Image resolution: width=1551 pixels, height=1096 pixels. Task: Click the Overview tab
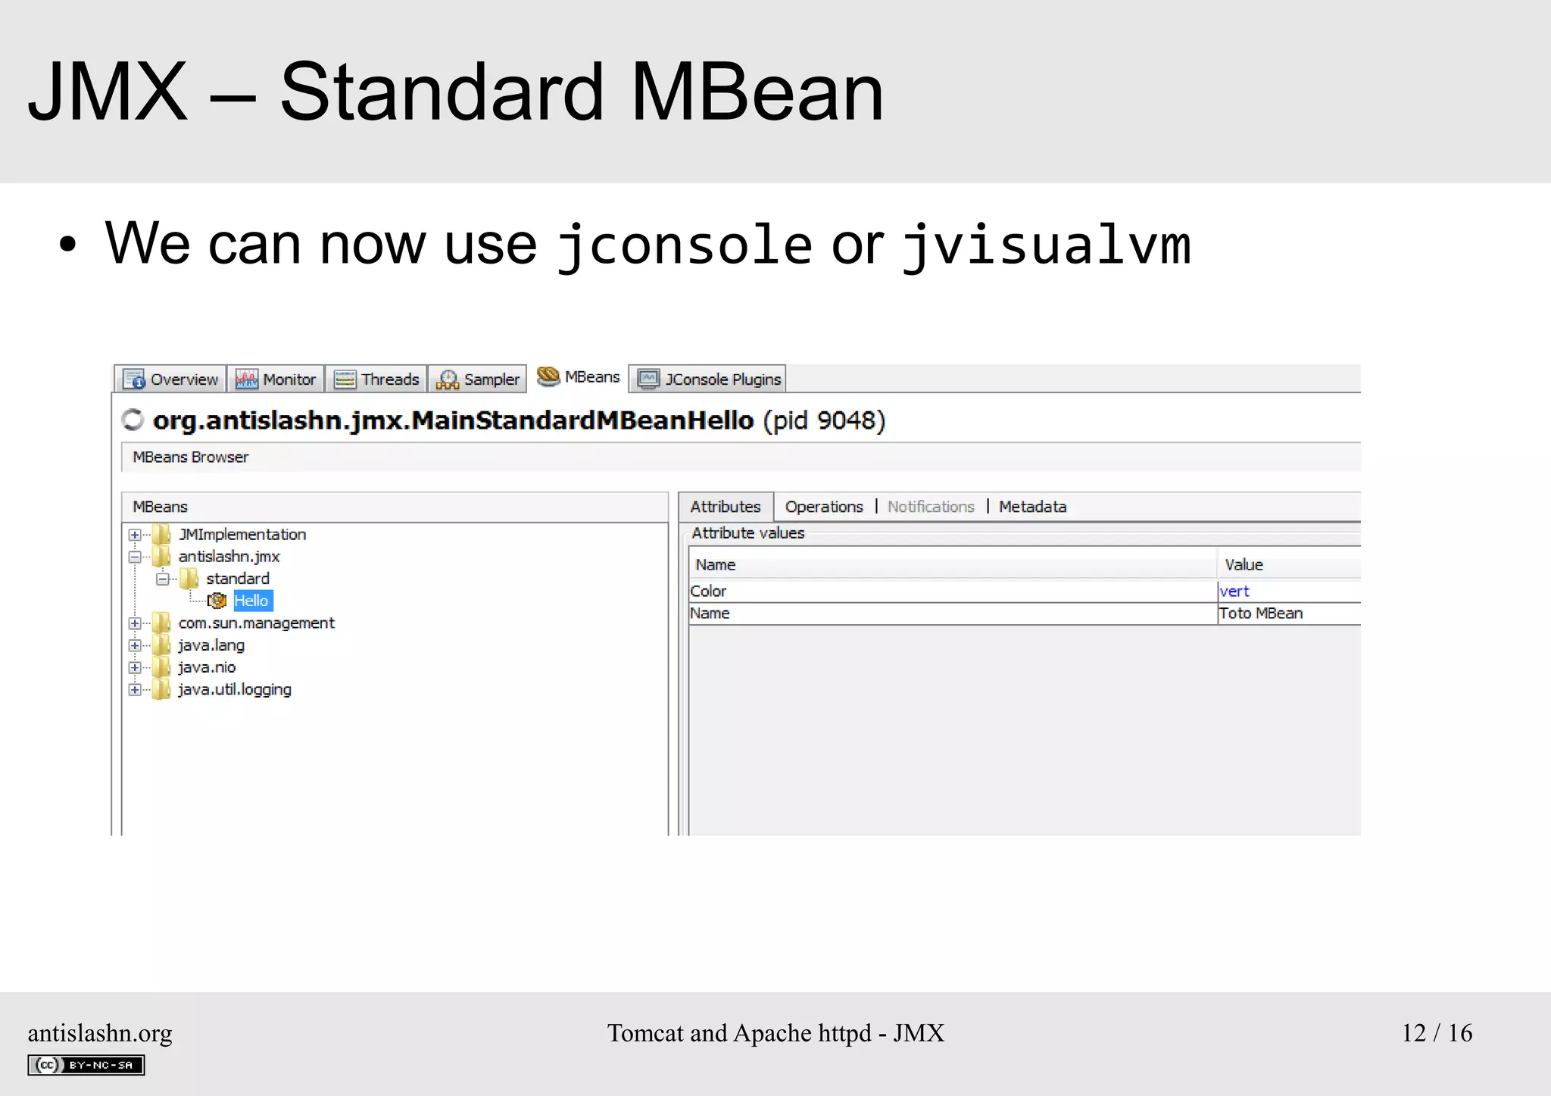coord(170,379)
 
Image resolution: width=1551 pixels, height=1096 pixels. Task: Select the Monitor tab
coord(276,379)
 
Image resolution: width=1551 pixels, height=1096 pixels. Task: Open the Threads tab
coord(376,379)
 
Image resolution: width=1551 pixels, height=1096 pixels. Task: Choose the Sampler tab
coord(478,379)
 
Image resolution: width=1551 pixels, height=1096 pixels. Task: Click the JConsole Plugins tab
coord(708,379)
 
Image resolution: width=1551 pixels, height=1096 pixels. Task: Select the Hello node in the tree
coord(251,601)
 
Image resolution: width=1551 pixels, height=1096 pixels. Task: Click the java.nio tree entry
coord(207,667)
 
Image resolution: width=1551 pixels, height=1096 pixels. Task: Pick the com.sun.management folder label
coord(256,623)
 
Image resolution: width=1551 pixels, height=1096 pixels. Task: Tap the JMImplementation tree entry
coord(242,535)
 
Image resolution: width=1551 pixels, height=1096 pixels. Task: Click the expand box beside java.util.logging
coord(135,690)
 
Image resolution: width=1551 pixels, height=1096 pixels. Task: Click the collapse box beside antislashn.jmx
coord(135,557)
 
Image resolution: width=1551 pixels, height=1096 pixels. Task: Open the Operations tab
coord(824,507)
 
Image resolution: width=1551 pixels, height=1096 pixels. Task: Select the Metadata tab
coord(1032,507)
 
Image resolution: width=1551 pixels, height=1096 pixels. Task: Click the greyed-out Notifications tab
coord(931,507)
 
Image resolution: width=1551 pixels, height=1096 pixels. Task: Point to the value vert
coord(1234,592)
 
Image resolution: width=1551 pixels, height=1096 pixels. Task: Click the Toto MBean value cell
coord(1261,614)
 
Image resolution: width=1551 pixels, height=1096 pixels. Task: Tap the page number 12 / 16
coord(1437,1033)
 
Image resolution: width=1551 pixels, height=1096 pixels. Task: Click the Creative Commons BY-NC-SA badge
coord(86,1065)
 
